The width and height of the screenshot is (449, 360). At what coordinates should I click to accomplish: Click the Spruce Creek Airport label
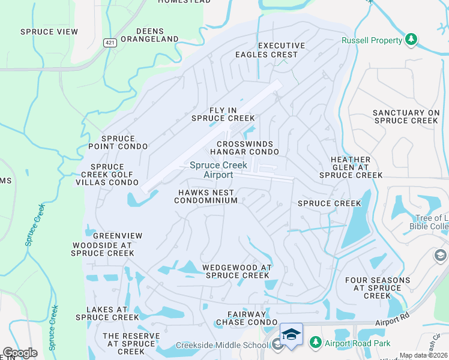(x=211, y=170)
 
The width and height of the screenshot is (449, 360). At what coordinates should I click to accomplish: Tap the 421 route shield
(x=109, y=43)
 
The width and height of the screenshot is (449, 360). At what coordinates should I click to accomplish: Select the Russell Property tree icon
(x=411, y=40)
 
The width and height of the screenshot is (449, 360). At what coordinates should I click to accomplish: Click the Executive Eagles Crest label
(x=281, y=50)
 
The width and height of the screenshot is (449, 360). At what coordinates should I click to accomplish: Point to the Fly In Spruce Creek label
(x=223, y=114)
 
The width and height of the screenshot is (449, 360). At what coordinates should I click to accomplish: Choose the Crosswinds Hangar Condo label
(x=245, y=148)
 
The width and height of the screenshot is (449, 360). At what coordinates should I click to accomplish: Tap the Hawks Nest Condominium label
(x=206, y=196)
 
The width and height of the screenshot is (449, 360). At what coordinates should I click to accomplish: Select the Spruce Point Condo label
(x=118, y=142)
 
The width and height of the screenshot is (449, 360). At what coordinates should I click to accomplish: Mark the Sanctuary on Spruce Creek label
(x=406, y=116)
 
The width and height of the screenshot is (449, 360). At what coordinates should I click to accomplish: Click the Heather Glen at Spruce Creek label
(x=351, y=167)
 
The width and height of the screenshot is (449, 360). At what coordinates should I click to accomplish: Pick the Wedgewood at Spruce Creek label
(x=237, y=271)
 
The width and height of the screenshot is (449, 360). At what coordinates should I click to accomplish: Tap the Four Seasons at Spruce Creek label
(x=378, y=287)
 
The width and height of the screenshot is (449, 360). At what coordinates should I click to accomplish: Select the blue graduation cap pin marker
(x=291, y=334)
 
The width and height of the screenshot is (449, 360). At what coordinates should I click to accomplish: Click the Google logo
(x=20, y=352)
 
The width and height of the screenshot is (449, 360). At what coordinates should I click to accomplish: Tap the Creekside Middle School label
(x=222, y=345)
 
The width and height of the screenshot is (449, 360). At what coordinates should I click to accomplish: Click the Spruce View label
(x=45, y=32)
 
